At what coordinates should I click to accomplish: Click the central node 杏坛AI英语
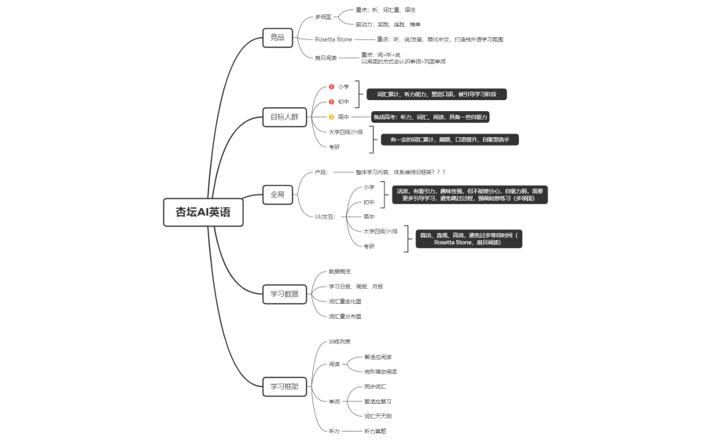coord(204,212)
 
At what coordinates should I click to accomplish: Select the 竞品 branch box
coord(277,37)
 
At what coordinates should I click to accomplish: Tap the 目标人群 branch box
coord(285,117)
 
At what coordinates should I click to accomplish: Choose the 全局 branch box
coord(277,194)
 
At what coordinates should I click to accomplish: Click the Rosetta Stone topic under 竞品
coord(334,39)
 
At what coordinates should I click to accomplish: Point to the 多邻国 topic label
coord(323,17)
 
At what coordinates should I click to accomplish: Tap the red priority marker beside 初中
coord(332,102)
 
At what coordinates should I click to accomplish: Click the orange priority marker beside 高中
coord(332,117)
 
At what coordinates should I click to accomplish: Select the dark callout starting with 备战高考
coord(430,117)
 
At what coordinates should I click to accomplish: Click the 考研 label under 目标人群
coord(334,146)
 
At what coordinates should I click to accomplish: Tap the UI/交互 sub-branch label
coord(325,217)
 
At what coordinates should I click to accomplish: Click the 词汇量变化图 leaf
coord(345,302)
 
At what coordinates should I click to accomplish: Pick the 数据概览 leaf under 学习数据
coord(340,272)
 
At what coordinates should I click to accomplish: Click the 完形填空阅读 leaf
coord(381,371)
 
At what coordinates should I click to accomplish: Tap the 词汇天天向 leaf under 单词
coord(378,416)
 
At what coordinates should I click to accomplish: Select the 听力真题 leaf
coord(375,431)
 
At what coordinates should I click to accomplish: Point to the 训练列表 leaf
coord(340,342)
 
